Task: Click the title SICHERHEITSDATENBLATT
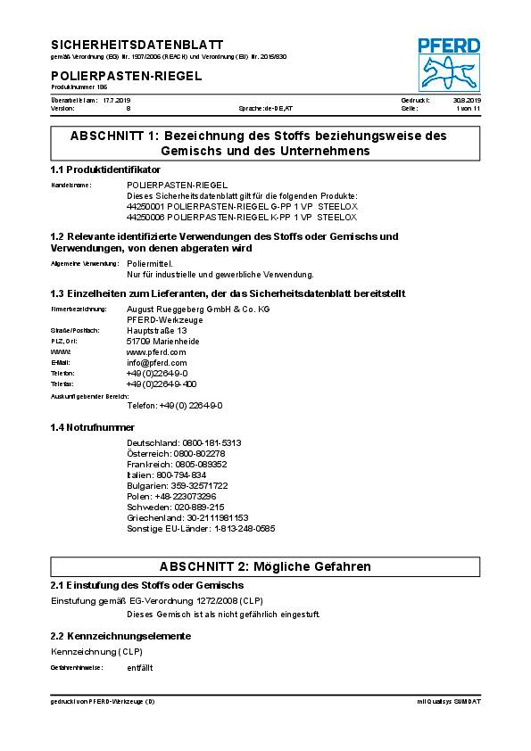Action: pos(137,44)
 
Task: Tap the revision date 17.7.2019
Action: pos(116,100)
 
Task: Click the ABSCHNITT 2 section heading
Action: pos(265,566)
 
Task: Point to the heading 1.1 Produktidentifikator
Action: pos(105,169)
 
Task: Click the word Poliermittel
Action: pos(151,265)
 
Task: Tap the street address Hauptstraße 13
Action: pos(157,330)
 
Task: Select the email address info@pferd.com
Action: pos(157,362)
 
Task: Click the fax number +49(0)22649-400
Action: pos(162,384)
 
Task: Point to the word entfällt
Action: pos(140,667)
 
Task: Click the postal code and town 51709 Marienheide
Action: pos(163,341)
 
